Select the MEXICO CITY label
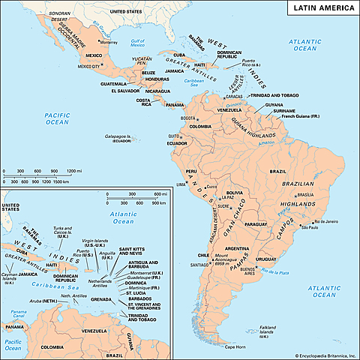coord(89,65)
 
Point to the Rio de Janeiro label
coord(327,222)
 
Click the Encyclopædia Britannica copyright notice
coord(315,354)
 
